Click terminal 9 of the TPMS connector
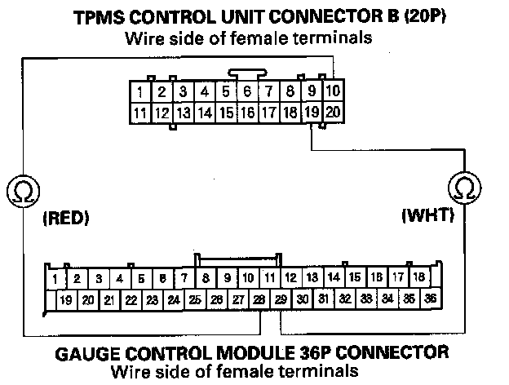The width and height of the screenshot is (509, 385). [x=311, y=92]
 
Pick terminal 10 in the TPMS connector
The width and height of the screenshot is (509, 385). [x=332, y=92]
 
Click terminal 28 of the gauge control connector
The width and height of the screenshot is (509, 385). [x=259, y=299]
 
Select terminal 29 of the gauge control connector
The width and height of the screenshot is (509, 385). [x=280, y=299]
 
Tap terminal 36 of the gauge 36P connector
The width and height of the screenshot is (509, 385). [x=430, y=299]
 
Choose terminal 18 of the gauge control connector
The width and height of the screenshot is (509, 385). [x=419, y=278]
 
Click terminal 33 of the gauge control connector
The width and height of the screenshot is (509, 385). [x=365, y=299]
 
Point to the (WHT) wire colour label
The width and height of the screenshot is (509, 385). [x=427, y=216]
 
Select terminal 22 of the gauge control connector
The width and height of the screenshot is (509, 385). [x=131, y=299]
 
